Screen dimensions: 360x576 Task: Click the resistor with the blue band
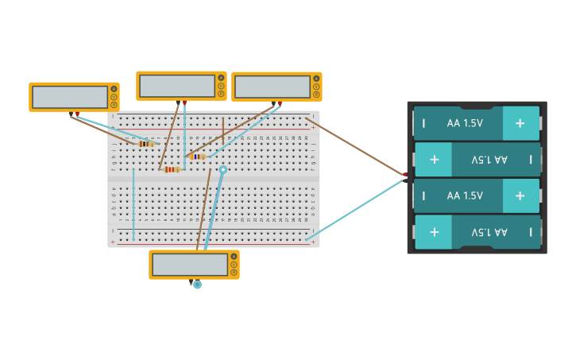[x=197, y=157]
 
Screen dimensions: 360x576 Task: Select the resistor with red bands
[x=172, y=169]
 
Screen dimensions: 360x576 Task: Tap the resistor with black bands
[x=146, y=144]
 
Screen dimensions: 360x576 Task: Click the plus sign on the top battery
[x=520, y=123]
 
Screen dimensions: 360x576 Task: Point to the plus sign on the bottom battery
[x=434, y=232]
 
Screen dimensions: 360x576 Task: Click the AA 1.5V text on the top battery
[x=465, y=123]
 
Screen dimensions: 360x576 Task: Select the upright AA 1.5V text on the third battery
[x=465, y=195]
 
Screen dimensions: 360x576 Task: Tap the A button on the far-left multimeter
[x=114, y=89]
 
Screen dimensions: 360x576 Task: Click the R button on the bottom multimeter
[x=234, y=272]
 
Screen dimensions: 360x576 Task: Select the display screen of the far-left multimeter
[x=70, y=97]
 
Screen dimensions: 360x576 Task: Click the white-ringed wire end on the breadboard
[x=223, y=169]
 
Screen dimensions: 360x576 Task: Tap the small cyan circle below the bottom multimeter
[x=197, y=285]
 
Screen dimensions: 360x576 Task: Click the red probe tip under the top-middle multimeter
[x=184, y=103]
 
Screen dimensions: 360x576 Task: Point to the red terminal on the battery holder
[x=405, y=174]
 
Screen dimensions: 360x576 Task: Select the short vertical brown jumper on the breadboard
[x=222, y=127]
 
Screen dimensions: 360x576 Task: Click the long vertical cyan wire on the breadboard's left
[x=133, y=203]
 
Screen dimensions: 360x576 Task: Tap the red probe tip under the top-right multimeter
[x=280, y=103]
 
